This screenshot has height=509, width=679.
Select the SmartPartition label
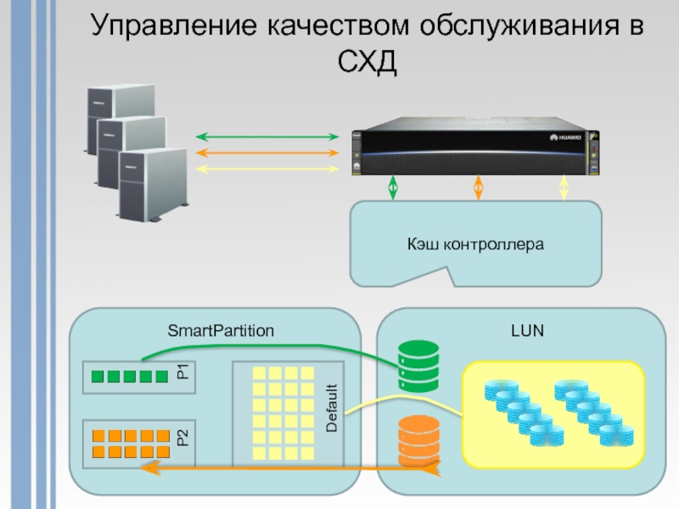[x=221, y=331]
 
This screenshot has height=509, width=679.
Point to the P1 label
[x=182, y=372]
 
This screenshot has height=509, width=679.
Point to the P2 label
[x=182, y=439]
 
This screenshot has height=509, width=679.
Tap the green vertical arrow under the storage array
[x=392, y=187]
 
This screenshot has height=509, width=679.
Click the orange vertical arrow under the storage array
[x=478, y=187]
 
